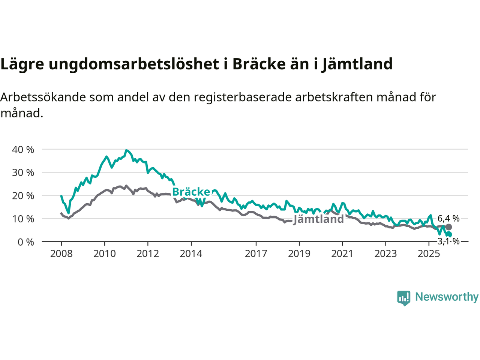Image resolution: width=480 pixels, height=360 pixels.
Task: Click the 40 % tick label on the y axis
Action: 23,150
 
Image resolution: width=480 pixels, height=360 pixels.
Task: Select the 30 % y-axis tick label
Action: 23,172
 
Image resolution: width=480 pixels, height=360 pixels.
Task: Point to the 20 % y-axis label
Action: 23,196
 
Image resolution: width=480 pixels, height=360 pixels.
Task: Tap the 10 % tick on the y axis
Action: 23,219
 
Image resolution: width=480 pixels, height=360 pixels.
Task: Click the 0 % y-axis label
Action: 25,242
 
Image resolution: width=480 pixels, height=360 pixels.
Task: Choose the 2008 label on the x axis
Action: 61,254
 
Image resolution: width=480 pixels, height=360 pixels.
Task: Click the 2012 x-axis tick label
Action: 148,254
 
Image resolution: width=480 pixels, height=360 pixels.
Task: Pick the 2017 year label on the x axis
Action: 256,254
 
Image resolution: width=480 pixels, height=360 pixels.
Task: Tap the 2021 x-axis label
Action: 342,254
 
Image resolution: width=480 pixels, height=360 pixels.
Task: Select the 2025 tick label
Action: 429,254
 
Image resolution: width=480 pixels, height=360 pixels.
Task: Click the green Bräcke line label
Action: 191,192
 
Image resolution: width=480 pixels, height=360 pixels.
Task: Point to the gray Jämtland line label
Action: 318,219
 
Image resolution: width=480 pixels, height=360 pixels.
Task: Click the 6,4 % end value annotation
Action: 448,218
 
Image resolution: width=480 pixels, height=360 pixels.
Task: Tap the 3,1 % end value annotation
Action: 448,241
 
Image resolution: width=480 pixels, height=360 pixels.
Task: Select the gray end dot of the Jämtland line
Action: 448,227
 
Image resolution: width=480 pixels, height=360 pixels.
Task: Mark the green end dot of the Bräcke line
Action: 448,234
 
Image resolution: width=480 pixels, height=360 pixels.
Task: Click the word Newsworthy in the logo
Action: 447,297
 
